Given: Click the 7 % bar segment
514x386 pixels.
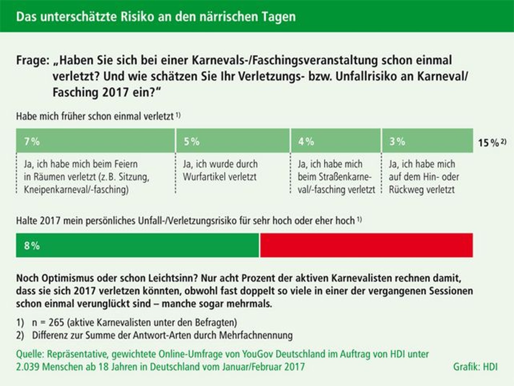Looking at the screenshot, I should tap(95, 141).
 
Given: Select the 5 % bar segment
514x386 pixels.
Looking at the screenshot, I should tap(233, 141).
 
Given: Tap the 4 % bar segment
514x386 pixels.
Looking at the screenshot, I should tap(336, 141).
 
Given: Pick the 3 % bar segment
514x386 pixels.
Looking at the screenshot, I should tap(427, 141).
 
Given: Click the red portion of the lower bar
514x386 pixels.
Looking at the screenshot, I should tap(366, 245).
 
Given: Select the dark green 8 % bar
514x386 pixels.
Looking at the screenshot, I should tap(137, 245).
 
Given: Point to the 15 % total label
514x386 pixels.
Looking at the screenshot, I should tap(489, 143).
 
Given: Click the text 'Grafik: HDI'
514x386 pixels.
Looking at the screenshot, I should tap(475, 367).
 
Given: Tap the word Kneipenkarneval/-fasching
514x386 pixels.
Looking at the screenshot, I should tap(76, 190).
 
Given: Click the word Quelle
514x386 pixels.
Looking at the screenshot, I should tap(30, 354).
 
